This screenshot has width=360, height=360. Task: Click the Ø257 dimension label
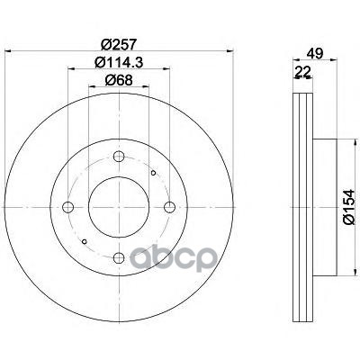tap(119, 45)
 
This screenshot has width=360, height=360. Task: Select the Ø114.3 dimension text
tap(119, 63)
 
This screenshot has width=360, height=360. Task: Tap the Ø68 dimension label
tap(119, 80)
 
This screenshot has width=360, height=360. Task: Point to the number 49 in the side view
tap(315, 54)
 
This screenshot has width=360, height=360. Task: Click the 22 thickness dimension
tap(302, 72)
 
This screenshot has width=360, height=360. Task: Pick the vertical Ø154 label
tap(349, 207)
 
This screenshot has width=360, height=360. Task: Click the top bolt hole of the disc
tap(119, 156)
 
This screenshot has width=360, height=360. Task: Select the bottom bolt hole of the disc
tap(119, 257)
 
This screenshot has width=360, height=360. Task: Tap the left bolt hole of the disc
tap(68, 207)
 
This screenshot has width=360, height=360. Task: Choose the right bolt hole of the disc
tap(170, 207)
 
